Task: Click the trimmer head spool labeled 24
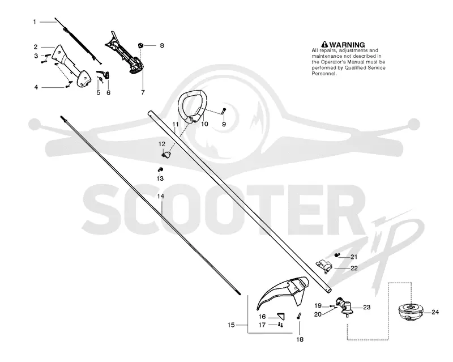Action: click(410, 312)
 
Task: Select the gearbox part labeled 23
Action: click(344, 308)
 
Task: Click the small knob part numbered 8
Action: click(140, 45)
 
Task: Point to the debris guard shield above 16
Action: click(281, 292)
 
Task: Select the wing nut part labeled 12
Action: click(166, 155)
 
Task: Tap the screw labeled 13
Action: click(160, 169)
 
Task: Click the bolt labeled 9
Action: click(224, 110)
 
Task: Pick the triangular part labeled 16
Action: click(281, 316)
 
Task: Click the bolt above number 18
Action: click(299, 316)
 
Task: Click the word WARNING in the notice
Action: click(347, 45)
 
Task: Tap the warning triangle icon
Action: click(324, 45)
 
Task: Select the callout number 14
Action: click(161, 196)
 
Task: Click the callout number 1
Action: click(35, 22)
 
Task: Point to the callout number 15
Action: click(231, 325)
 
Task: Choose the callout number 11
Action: click(176, 124)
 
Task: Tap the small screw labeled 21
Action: click(336, 255)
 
